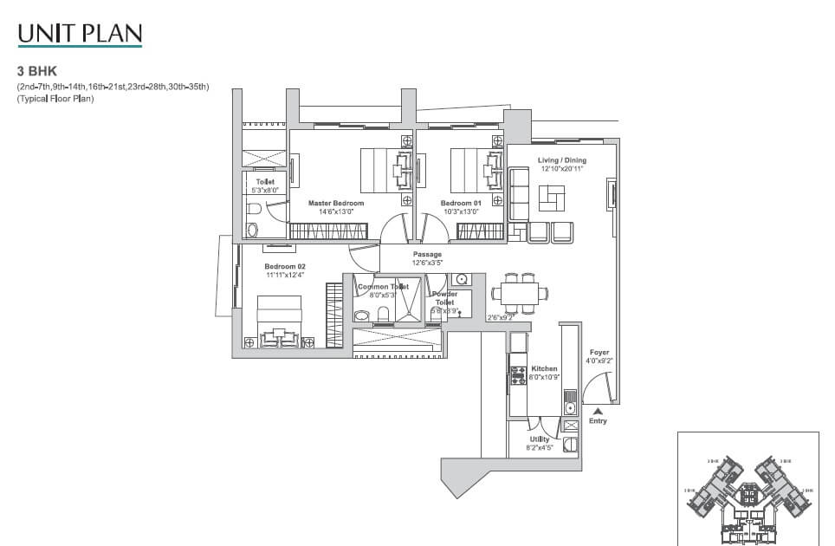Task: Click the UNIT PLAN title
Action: coord(80,34)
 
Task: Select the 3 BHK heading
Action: coord(31,73)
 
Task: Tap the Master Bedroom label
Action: coord(336,204)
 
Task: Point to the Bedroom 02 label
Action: coord(285,266)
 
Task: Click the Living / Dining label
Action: coord(561,160)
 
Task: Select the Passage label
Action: coord(427,255)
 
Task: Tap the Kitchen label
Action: coord(544,368)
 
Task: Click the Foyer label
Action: coord(599,353)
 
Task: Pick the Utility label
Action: coord(539,439)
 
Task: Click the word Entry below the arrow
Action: coord(598,421)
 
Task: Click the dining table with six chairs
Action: coord(520,292)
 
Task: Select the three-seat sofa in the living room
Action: coord(519,193)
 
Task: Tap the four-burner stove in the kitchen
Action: coord(518,375)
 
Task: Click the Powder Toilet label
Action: coord(444,297)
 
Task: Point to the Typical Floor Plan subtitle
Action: coord(54,100)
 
